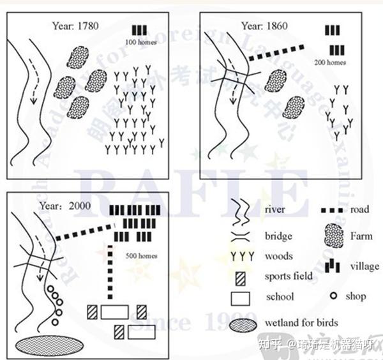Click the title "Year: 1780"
(x=76, y=27)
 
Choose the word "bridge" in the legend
(x=278, y=236)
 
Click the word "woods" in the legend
(x=278, y=256)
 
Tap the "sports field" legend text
(x=289, y=276)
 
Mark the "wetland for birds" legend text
(x=301, y=322)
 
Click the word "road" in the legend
(x=360, y=209)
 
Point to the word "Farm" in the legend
(x=361, y=236)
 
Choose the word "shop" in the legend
(x=356, y=296)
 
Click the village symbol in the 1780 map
(x=140, y=30)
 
